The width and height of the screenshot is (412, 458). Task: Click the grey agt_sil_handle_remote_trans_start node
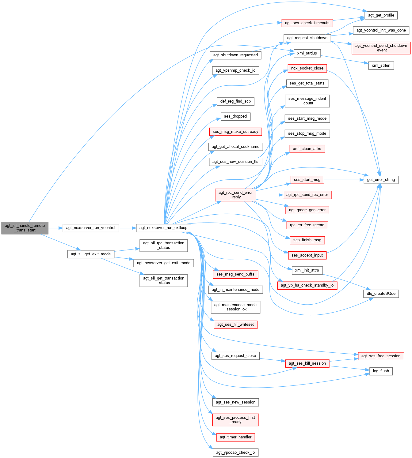pos(25,228)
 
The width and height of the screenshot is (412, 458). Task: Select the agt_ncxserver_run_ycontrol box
pos(91,228)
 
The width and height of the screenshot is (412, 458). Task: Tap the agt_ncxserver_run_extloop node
pos(163,228)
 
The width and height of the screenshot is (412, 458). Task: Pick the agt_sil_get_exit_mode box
pos(91,254)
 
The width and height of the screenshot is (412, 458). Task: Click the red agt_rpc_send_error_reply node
pos(235,195)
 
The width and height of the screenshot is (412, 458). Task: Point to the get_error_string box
pos(381,180)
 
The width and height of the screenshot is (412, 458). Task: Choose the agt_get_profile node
pos(381,15)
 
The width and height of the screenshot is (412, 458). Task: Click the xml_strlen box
pos(381,66)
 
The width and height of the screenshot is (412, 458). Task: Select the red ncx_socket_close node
pos(307,68)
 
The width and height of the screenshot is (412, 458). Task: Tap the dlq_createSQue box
pos(381,294)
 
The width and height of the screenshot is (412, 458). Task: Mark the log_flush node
pos(381,371)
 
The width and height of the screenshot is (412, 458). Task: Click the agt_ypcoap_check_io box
pos(235,452)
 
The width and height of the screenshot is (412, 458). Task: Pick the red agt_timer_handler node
pos(235,437)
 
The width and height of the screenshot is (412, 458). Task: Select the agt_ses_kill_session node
pos(307,363)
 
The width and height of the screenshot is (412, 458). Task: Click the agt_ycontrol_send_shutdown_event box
pos(381,48)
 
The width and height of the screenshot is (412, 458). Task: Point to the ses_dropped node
pos(235,116)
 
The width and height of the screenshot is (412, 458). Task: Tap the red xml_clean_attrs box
pos(307,149)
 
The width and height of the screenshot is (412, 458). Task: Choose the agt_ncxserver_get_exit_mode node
pos(163,263)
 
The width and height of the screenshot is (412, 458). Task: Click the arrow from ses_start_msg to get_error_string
pos(343,180)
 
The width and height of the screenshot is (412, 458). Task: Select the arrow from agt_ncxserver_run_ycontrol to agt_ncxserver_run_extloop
pos(128,228)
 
